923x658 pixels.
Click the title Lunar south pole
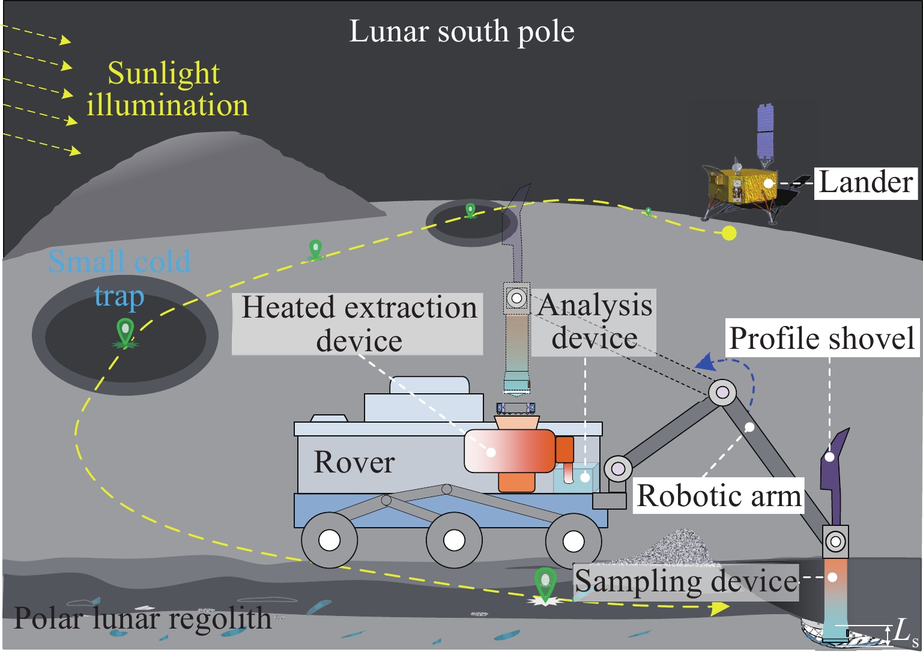pos(461,31)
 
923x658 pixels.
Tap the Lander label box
pos(865,183)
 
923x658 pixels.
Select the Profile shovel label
pos(822,338)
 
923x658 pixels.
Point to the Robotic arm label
pos(719,496)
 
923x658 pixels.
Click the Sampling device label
pos(686,581)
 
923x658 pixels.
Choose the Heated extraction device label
pos(359,324)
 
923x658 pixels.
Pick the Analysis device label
pos(595,322)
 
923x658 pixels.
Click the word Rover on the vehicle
pos(354,462)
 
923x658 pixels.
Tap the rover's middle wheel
pos(454,540)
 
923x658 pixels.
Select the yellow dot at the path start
pos(729,233)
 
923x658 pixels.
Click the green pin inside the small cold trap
pos(125,331)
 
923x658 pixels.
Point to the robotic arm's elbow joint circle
pos(722,393)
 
